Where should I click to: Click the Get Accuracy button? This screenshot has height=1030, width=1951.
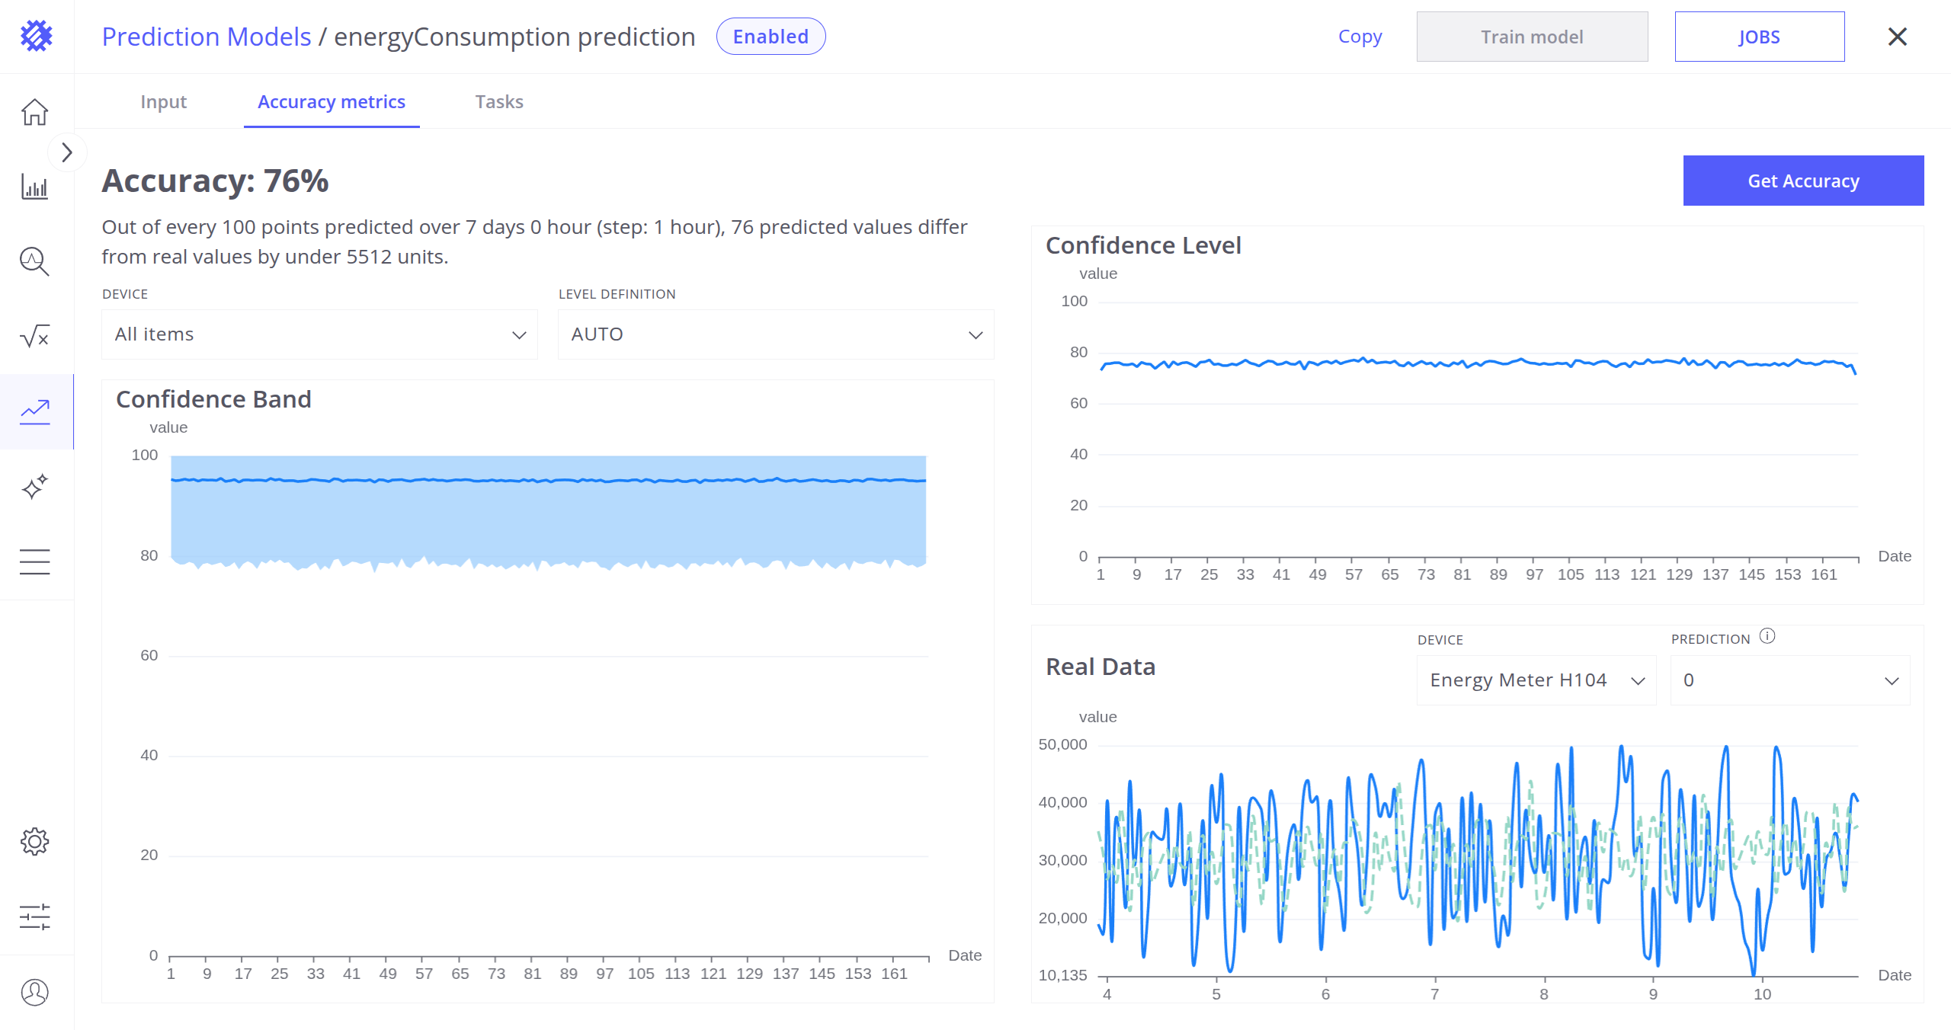coord(1802,181)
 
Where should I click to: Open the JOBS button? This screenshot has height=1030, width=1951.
coord(1759,37)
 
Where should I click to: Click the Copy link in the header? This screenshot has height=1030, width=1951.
coord(1360,37)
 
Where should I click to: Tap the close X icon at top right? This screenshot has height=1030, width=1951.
coord(1897,37)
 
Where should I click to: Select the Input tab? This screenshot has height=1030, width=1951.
coord(163,102)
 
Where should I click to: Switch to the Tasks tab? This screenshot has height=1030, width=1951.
coord(499,102)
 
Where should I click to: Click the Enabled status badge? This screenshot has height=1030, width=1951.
coord(770,37)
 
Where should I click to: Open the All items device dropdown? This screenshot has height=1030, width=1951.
coord(319,334)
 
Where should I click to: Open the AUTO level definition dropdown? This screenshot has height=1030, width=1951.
coord(775,334)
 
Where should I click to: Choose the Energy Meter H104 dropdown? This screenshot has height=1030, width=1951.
coord(1536,680)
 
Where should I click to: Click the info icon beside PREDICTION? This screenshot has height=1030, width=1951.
coord(1767,636)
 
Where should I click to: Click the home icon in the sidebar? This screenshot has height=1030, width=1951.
coord(35,112)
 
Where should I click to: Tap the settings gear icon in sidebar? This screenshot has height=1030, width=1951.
coord(35,842)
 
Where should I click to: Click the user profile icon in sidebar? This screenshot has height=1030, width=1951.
coord(35,992)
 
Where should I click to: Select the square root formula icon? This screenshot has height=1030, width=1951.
coord(35,336)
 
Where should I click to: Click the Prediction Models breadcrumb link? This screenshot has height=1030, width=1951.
coord(207,37)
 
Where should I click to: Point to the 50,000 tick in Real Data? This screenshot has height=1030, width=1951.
coord(1062,744)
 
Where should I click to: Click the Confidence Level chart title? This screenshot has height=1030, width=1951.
coord(1143,245)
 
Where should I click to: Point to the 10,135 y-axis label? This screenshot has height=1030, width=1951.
coord(1062,975)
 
